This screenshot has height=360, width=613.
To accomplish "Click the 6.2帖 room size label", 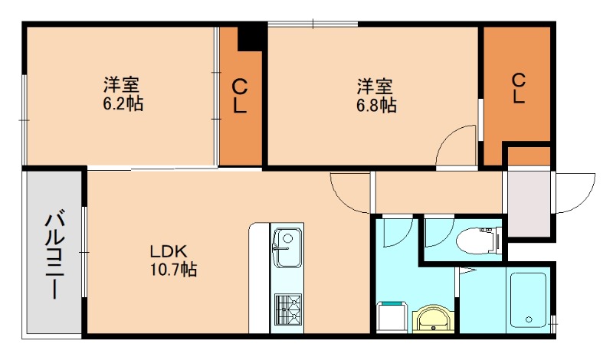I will [123, 103].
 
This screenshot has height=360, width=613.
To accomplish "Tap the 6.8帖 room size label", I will [375, 106].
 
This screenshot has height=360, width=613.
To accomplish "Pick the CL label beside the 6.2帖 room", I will [239, 96].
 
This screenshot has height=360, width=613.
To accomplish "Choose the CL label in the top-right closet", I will [518, 87].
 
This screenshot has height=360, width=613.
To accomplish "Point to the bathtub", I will [526, 299].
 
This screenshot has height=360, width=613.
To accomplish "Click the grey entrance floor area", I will [529, 204].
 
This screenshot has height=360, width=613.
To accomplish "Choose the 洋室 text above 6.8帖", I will [375, 86].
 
